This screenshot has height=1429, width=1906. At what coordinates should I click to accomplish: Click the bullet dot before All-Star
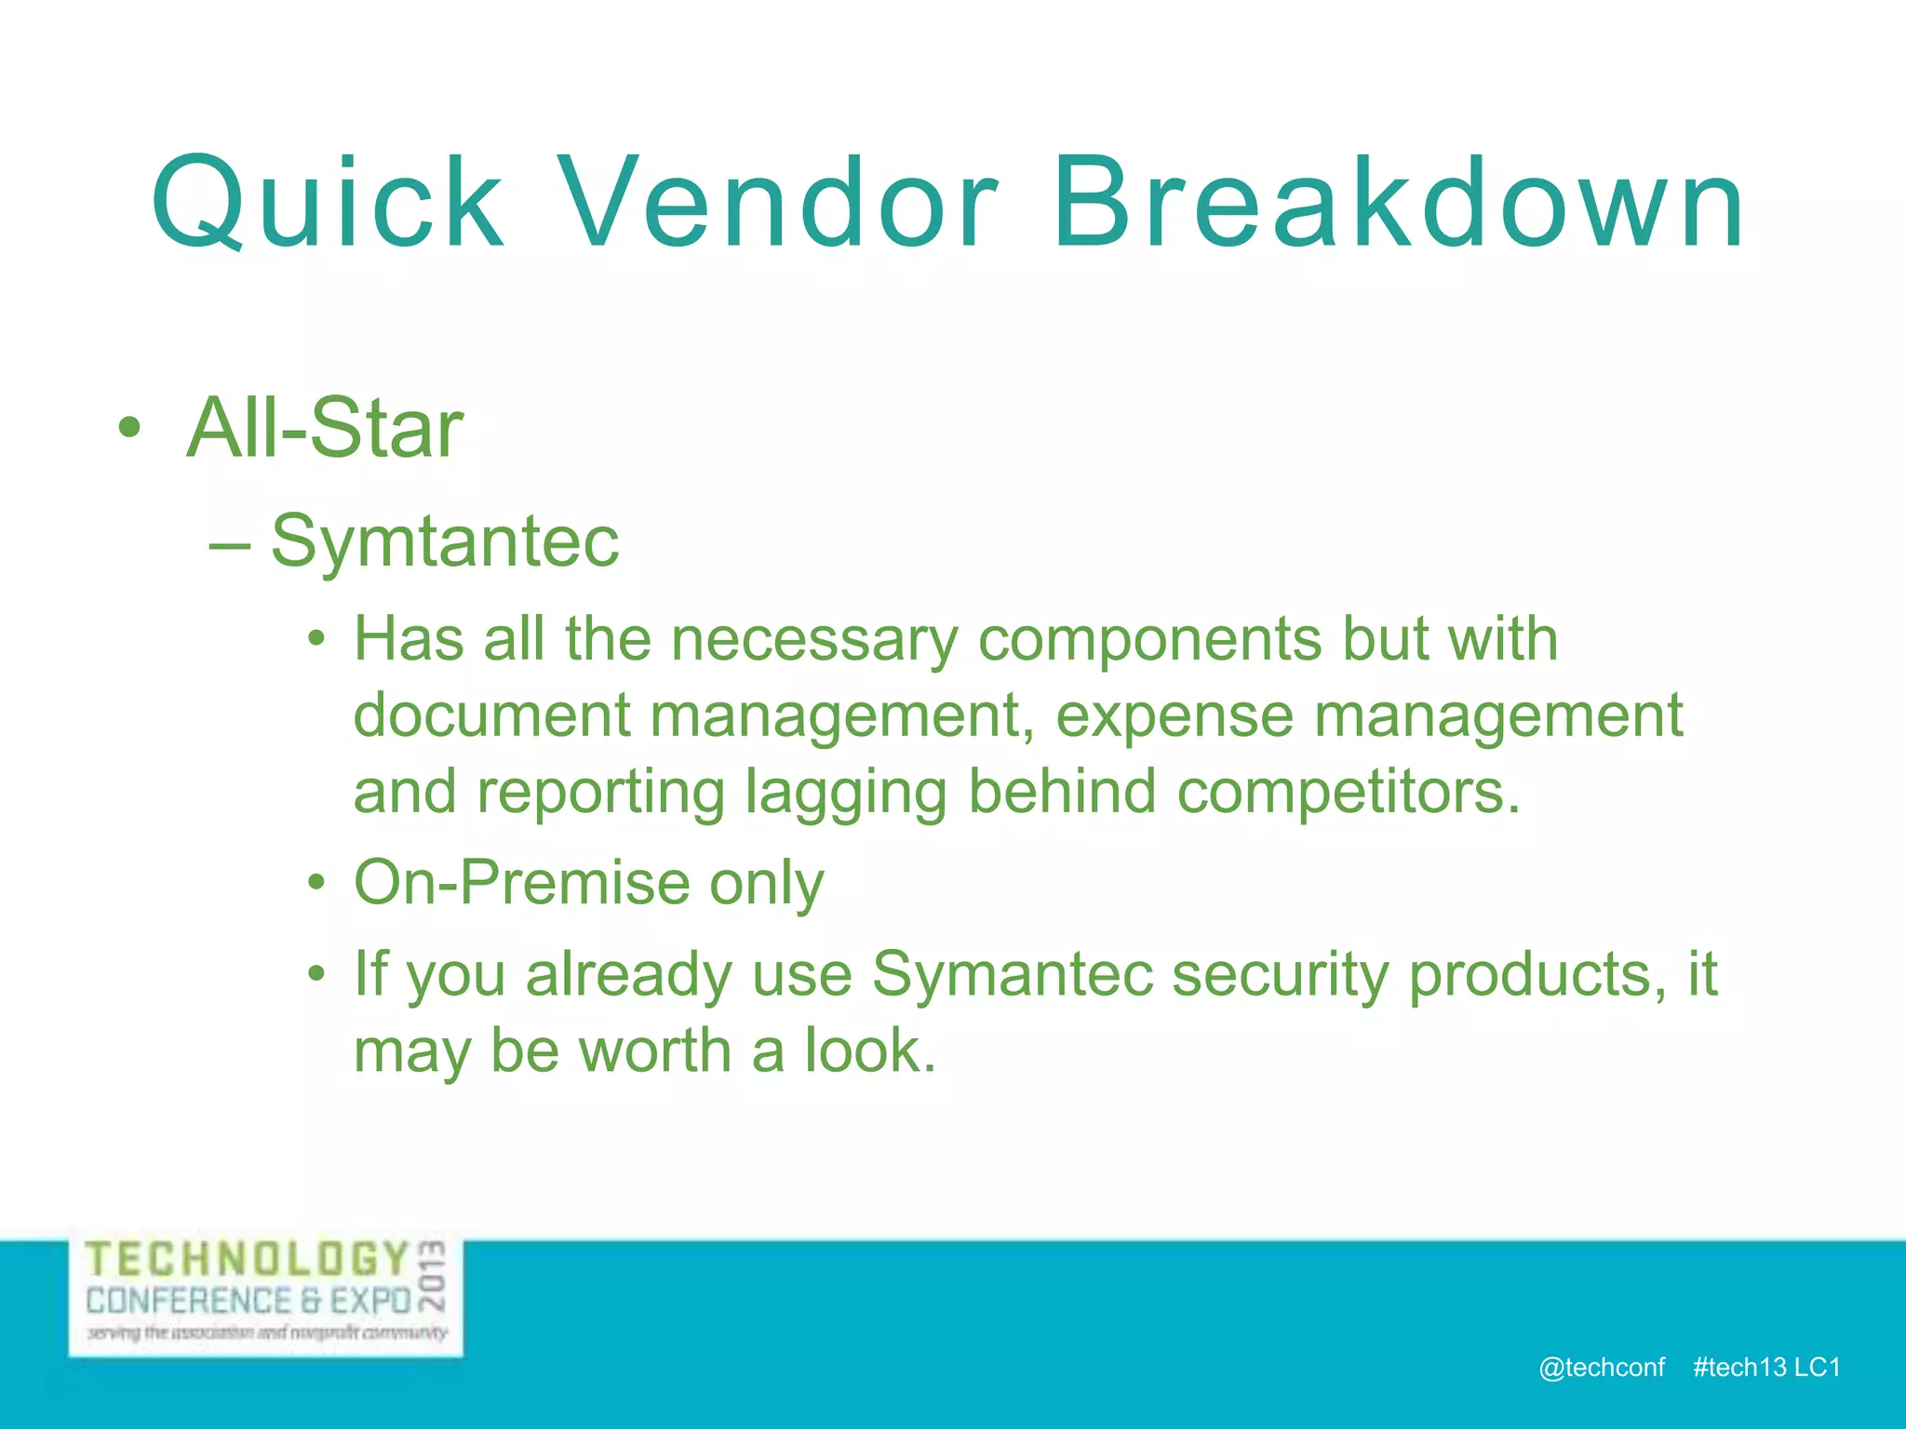pos(130,429)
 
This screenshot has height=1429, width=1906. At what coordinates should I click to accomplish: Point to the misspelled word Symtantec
pos(445,541)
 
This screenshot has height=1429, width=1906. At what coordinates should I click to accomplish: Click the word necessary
pos(814,640)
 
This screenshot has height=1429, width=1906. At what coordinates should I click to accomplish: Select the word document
pos(492,715)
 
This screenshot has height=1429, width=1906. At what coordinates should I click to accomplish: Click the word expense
pos(1174,717)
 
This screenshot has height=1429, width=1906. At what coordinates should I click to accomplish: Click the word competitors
pos(1349,792)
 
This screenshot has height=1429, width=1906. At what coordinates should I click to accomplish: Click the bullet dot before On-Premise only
pos(317,883)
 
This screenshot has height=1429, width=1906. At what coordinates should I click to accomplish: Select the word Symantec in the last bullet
pos(1013,974)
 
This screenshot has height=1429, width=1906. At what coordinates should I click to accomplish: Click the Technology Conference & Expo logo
pos(266,1297)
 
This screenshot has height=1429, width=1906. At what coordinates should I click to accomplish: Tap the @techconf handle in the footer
pos(1602,1367)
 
